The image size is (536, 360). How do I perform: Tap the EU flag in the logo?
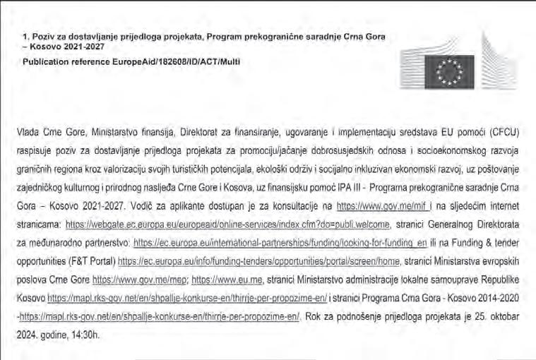click(450, 72)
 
